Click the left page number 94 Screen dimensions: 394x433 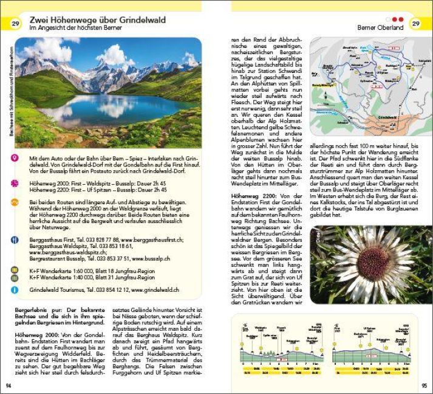[x=9, y=385]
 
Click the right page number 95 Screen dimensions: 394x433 [x=424, y=385]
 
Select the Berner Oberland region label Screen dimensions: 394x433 [x=380, y=27]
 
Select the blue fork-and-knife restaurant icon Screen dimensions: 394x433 [x=15, y=240]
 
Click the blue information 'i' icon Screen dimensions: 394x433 [x=15, y=290]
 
